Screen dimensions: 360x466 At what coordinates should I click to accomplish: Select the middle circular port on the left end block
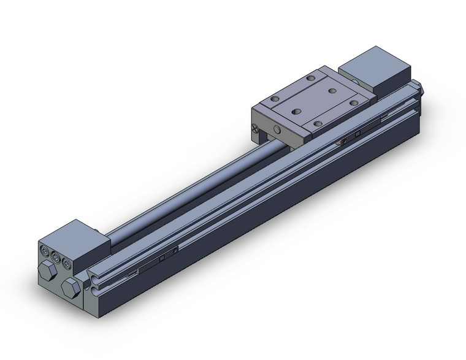(x=54, y=254)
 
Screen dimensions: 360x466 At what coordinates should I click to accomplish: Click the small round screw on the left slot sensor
(x=176, y=250)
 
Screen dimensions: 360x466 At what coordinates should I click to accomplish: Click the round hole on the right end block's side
(x=357, y=80)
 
